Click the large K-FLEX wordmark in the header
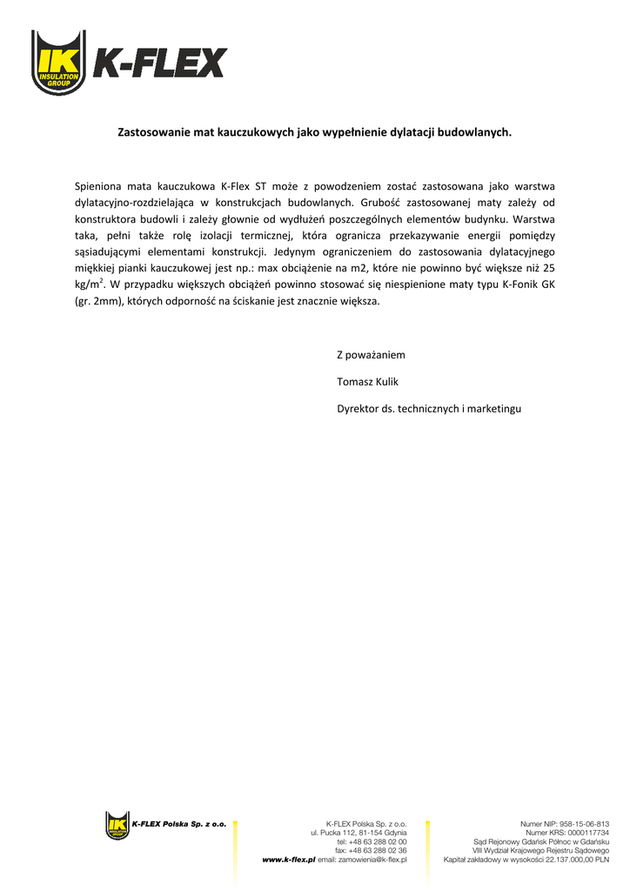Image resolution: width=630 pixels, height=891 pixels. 159,63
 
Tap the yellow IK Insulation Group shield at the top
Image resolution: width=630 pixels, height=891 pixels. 59,63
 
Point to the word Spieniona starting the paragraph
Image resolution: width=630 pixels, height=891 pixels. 98,185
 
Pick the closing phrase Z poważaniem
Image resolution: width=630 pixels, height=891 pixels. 371,355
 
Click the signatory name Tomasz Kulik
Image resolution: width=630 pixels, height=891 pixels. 367,381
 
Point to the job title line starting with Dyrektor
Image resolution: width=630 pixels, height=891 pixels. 429,408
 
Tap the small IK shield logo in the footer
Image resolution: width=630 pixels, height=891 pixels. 117,825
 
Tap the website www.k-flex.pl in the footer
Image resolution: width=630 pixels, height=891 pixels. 289,860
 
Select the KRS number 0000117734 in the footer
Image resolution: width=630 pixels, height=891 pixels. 587,833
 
